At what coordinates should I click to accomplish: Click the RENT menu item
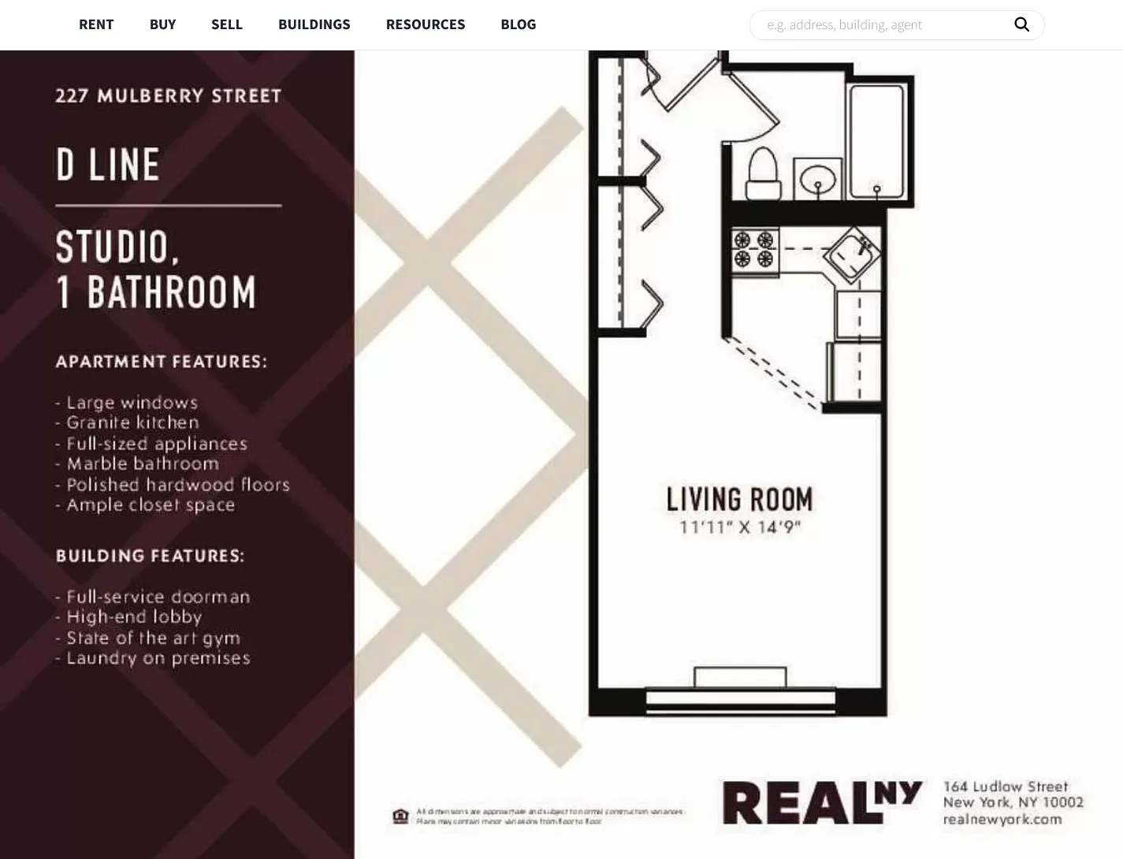(96, 24)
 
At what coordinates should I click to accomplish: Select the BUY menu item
(162, 24)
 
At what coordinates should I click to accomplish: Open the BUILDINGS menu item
(314, 24)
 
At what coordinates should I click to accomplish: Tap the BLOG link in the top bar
(518, 24)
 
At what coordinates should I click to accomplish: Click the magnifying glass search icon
(1021, 24)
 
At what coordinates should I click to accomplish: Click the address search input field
(883, 25)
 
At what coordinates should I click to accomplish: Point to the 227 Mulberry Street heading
(168, 96)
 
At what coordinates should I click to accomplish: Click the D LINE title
(108, 165)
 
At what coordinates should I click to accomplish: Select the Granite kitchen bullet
(132, 422)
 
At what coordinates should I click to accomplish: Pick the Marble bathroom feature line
(142, 463)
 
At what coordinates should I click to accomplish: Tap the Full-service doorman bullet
(158, 597)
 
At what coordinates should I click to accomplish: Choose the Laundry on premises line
(158, 658)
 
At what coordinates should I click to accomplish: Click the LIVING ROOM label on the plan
(739, 500)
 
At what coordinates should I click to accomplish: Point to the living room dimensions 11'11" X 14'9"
(739, 527)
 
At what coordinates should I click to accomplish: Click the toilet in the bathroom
(763, 174)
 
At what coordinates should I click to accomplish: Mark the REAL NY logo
(821, 803)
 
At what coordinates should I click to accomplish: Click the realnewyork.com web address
(1002, 820)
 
